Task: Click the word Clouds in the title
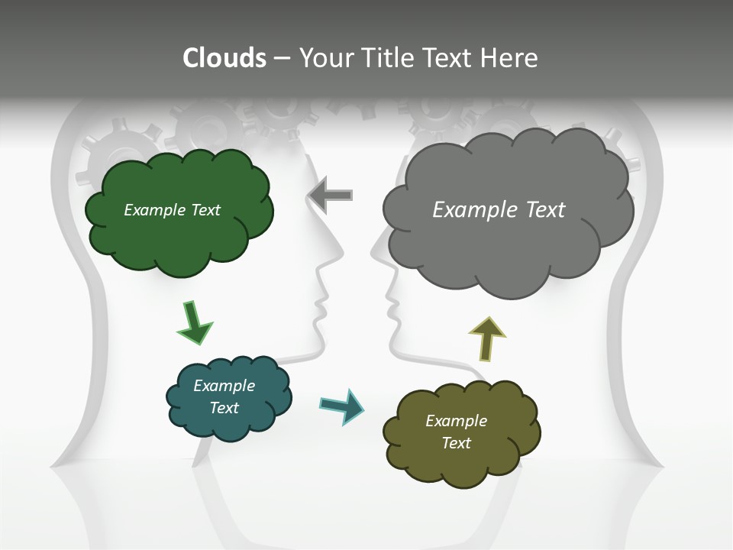[x=224, y=58]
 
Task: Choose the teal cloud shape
[x=228, y=424]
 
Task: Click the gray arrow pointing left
[x=331, y=195]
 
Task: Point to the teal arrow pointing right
[x=342, y=406]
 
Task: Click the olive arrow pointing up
[x=486, y=338]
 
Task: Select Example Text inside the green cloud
[x=172, y=210]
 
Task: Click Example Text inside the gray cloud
[x=499, y=210]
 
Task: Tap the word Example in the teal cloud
[x=224, y=386]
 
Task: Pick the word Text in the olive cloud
[x=456, y=443]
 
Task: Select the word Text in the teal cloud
[x=224, y=408]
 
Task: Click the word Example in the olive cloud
[x=456, y=421]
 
